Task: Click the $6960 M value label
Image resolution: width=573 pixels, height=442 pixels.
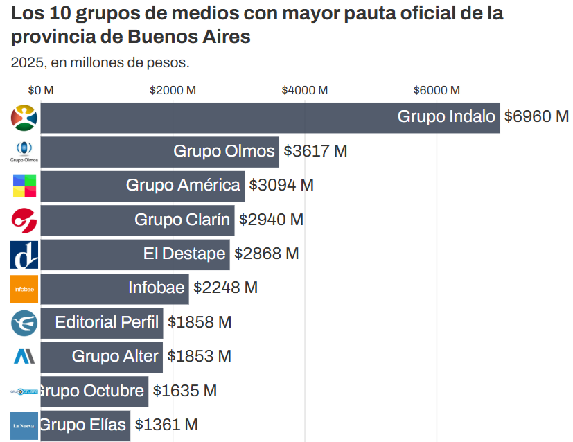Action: point(536,117)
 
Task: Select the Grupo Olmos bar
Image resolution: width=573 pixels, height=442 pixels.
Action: point(159,151)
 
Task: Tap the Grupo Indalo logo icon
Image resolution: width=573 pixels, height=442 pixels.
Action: point(24,118)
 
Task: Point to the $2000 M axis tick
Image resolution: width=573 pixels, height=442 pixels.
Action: point(173,90)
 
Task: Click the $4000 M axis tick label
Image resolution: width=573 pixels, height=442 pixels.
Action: point(305,90)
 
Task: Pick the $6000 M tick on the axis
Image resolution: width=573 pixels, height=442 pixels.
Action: point(437,90)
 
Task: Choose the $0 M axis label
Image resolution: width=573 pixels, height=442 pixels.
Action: point(41,90)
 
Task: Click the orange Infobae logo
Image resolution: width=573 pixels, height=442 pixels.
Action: point(24,289)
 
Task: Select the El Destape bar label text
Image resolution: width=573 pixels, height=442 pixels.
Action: point(184,254)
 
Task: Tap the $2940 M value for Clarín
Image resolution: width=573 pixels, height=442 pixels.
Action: point(271,220)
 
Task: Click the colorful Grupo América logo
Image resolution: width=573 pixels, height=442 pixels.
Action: point(24,186)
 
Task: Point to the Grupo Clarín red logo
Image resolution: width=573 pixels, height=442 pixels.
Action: point(24,220)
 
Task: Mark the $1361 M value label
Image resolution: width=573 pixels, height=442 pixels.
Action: point(166,425)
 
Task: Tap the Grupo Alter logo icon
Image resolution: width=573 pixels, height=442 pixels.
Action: point(24,357)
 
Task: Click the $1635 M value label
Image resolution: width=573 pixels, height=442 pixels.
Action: point(184,391)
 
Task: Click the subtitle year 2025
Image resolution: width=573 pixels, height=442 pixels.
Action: point(25,63)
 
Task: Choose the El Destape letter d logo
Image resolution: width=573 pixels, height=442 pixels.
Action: point(24,255)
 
